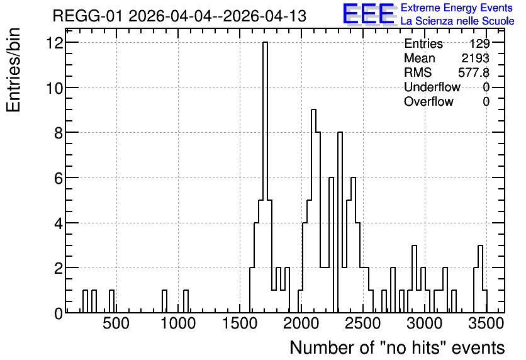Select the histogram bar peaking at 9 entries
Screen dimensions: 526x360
314,211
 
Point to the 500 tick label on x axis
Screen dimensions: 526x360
116,323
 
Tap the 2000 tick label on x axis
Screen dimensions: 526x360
301,323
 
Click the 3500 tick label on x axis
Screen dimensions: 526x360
487,323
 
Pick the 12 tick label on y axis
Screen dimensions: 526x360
55,43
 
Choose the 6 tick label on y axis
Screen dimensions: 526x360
59,178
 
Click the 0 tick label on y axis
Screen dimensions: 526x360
59,313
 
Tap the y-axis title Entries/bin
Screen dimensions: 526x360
13,70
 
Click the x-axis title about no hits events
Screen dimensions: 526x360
397,347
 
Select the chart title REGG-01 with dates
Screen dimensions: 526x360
179,16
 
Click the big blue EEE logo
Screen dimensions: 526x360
369,14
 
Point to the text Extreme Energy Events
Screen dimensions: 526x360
457,8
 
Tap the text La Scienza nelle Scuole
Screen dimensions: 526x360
457,21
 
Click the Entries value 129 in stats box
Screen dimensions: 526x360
479,43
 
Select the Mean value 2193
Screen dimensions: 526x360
475,58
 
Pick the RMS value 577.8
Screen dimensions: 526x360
474,72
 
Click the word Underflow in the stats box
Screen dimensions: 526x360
432,87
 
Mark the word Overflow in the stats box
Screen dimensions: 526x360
428,101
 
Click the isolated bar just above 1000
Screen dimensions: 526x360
186,301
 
